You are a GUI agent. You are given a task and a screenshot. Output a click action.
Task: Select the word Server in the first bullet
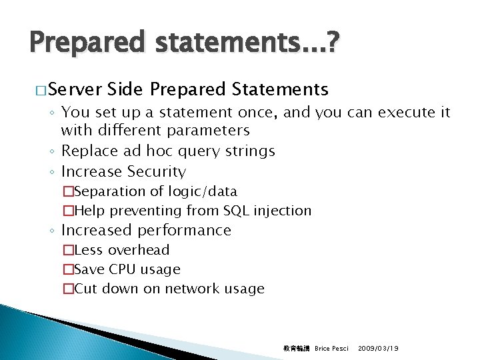[74, 89]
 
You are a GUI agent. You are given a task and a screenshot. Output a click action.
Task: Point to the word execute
[407, 113]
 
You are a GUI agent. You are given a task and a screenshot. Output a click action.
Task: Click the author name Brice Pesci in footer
[331, 349]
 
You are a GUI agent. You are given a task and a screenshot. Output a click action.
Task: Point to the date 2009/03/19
[379, 349]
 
